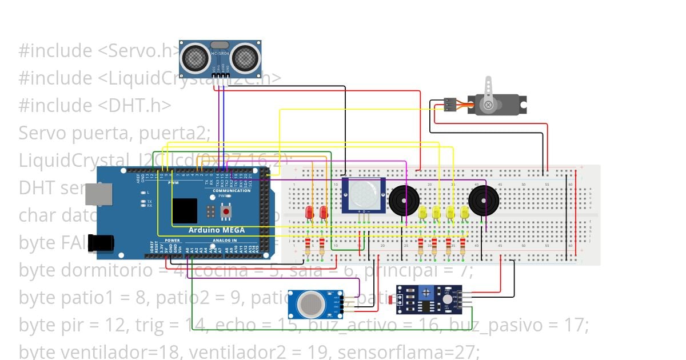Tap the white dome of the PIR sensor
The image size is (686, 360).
pos(363,195)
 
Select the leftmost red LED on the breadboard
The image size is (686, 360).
pos(309,212)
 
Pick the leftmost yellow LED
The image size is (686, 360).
pos(422,213)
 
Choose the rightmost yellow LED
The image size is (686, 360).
pos(465,213)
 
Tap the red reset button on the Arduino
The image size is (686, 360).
pos(226,212)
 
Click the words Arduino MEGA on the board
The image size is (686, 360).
pos(217,230)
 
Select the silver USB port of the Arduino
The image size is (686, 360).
pos(99,194)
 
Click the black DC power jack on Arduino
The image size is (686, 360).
pos(101,243)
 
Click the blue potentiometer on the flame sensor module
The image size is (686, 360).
pos(426,293)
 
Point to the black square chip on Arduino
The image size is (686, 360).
pos(185,211)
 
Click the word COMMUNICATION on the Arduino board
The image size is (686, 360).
pos(232,190)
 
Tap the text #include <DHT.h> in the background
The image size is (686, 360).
pos(95,106)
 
